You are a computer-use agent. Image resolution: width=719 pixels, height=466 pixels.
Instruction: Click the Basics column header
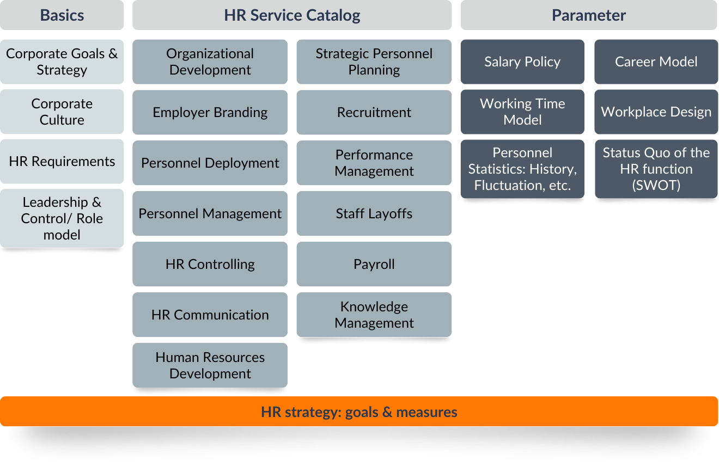[x=62, y=15]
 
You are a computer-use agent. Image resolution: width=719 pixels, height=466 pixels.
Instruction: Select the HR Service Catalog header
[x=292, y=15]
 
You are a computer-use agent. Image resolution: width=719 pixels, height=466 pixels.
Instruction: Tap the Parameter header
[x=589, y=15]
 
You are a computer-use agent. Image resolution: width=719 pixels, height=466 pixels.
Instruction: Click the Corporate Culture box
[x=62, y=112]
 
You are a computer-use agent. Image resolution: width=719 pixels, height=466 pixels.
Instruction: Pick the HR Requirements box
[x=62, y=161]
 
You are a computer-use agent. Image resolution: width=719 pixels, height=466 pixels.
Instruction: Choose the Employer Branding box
[x=210, y=112]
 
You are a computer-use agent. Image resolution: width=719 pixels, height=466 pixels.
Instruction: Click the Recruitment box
[x=374, y=112]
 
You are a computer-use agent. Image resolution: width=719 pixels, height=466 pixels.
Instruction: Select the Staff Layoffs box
[x=374, y=213]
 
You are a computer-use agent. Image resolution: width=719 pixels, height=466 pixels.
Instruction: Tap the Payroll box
[x=374, y=264]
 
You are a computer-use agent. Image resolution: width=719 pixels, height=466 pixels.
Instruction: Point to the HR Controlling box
[x=210, y=264]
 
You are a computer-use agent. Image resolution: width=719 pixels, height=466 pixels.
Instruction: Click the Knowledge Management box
[x=374, y=315]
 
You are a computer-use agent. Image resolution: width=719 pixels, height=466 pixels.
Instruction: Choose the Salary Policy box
[x=522, y=62]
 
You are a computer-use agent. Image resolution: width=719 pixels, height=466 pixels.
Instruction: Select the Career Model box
[x=656, y=62]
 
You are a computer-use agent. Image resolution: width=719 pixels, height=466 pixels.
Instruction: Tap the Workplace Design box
[x=656, y=112]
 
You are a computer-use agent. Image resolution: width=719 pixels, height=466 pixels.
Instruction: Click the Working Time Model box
[x=522, y=112]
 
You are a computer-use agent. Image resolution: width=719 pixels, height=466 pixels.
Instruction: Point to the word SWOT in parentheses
[x=656, y=186]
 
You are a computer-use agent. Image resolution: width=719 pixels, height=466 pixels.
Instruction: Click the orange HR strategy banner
[x=359, y=412]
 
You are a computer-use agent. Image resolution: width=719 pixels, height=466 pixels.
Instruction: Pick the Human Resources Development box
[x=210, y=365]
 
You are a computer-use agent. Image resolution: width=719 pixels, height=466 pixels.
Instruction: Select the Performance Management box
[x=374, y=163]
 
